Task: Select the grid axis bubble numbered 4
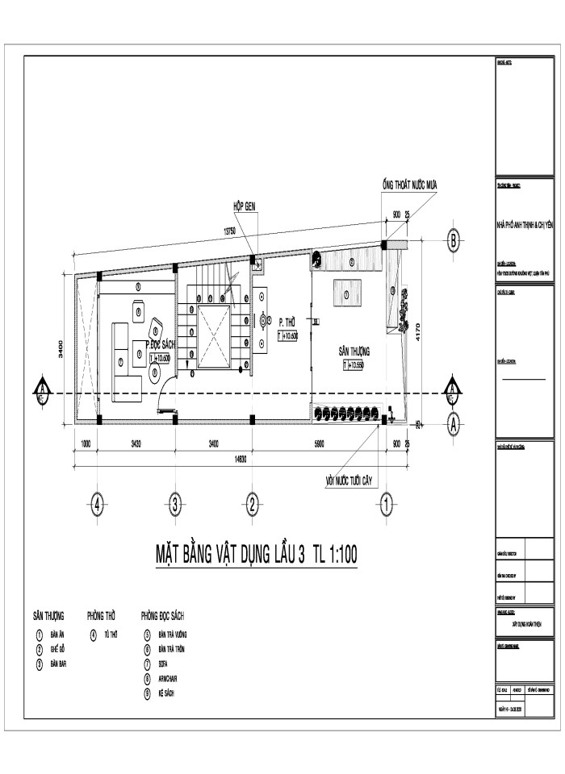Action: click(x=97, y=506)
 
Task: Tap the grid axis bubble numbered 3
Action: click(x=175, y=506)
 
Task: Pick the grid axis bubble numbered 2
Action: click(x=253, y=506)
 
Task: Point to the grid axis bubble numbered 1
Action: click(x=387, y=506)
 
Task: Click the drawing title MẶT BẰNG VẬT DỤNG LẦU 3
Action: click(x=230, y=555)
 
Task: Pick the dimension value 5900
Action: click(x=320, y=443)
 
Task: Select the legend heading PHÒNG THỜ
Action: click(x=101, y=615)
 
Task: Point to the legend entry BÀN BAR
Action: click(x=57, y=664)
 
